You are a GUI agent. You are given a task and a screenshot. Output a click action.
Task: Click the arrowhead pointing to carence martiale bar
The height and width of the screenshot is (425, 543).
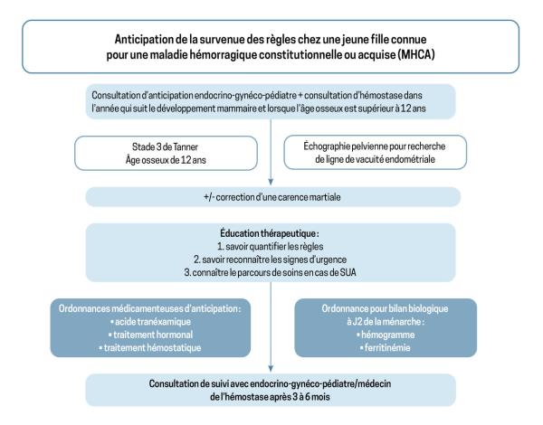tap(273, 184)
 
